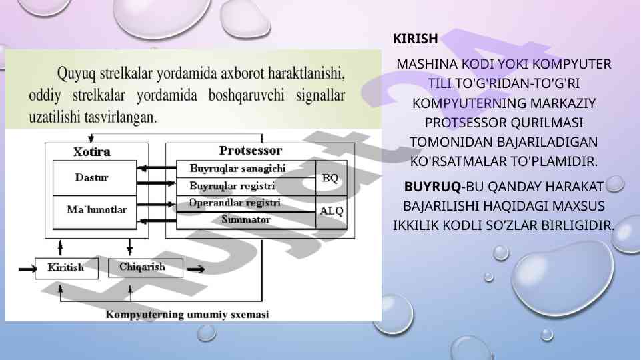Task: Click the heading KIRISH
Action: click(415, 39)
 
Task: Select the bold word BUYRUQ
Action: click(432, 187)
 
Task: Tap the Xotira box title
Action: click(92, 151)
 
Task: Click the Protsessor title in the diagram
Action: click(251, 151)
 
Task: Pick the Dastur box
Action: click(95, 178)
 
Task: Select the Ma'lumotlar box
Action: click(95, 212)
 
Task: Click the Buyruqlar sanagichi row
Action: click(245, 169)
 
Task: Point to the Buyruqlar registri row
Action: click(245, 187)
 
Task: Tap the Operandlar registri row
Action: click(245, 203)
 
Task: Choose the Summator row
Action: click(245, 220)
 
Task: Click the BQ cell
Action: click(331, 178)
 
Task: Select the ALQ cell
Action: click(331, 212)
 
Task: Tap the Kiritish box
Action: click(67, 268)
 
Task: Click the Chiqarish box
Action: click(145, 267)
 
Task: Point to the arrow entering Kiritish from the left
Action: click(27, 269)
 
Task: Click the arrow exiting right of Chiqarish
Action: click(196, 269)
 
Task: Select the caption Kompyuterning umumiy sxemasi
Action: click(187, 314)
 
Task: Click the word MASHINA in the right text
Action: click(427, 64)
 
